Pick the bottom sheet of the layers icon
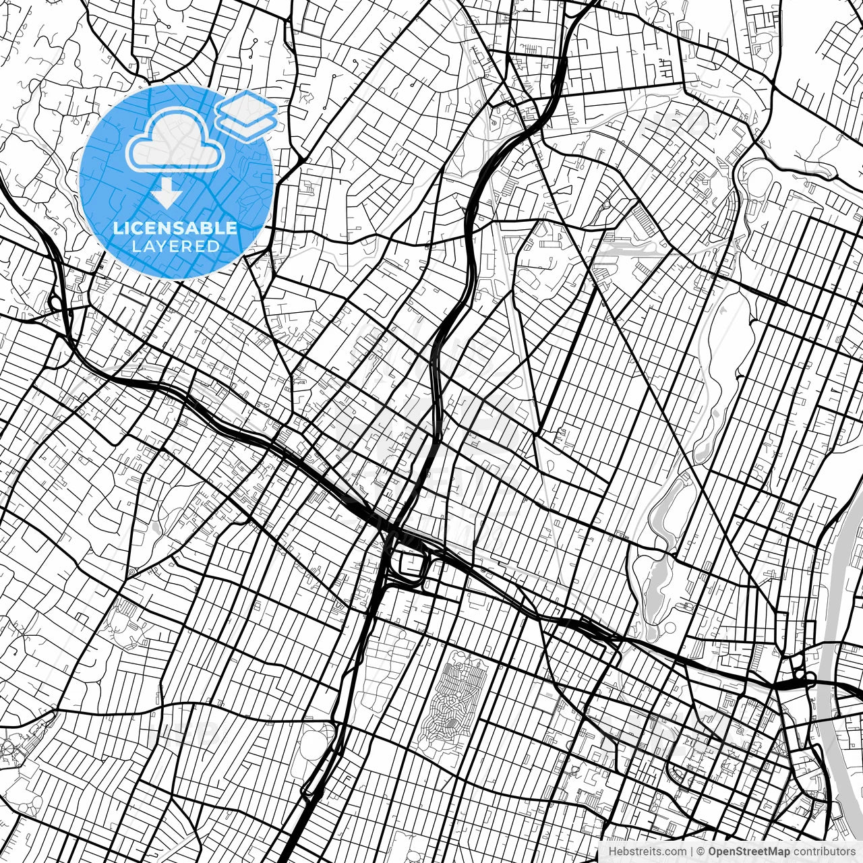pyautogui.click(x=246, y=123)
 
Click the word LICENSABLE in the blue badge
pyautogui.click(x=175, y=228)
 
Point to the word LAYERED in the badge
pyautogui.click(x=175, y=246)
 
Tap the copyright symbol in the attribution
pyautogui.click(x=701, y=852)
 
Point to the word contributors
pyautogui.click(x=823, y=852)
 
